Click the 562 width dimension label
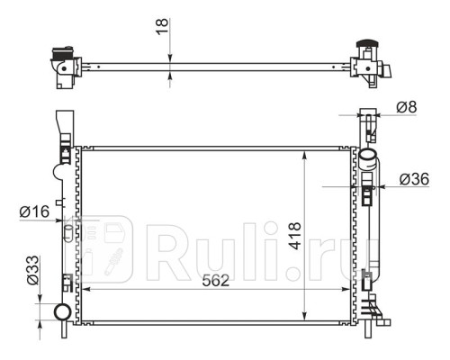pos(215,281)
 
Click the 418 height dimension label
pos(295,236)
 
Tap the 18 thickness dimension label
pos(163,27)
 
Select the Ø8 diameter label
pos(407,107)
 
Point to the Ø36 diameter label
pos(414,179)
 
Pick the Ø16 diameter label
pos(34,211)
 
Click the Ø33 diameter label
pos(33,270)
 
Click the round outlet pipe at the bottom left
pos(62,311)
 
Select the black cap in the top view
pos(367,44)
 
